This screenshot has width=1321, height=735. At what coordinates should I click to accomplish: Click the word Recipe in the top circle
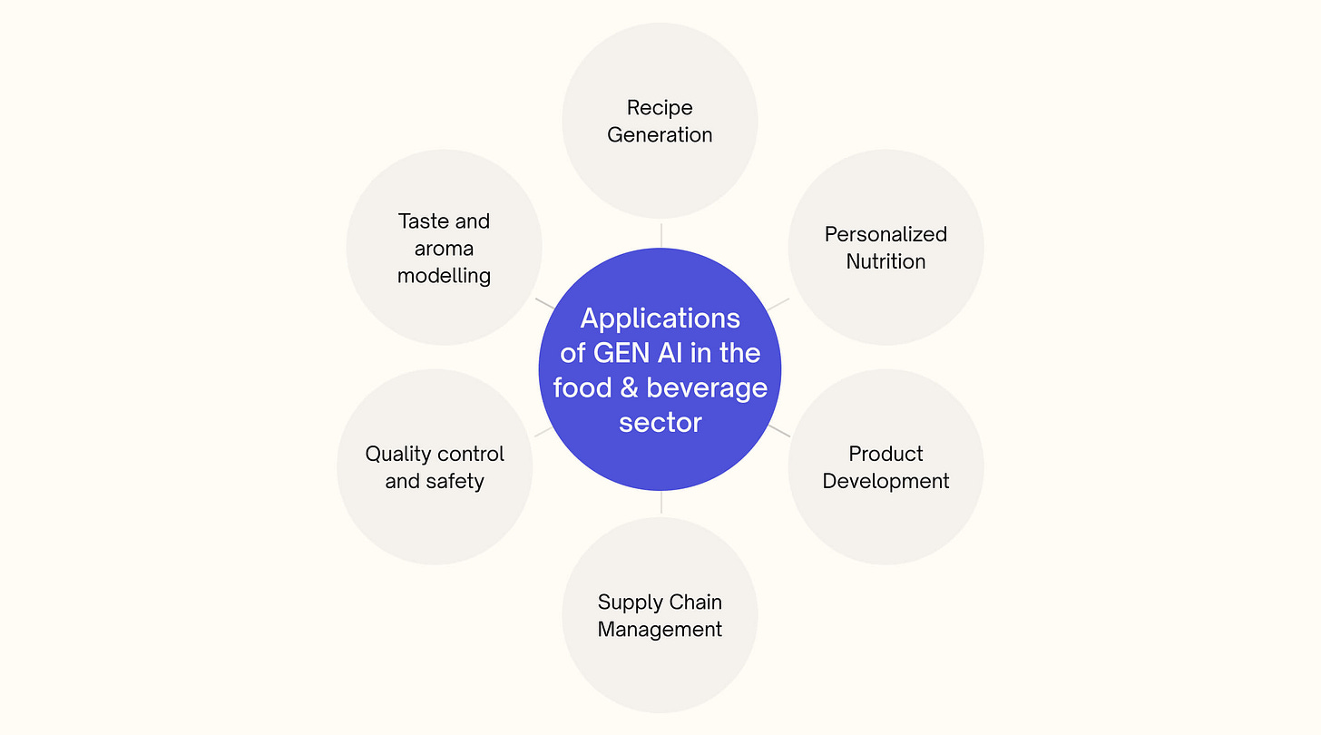click(x=660, y=108)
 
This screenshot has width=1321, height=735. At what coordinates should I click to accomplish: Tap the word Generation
click(x=660, y=135)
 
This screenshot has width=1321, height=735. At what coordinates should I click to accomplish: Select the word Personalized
click(x=886, y=234)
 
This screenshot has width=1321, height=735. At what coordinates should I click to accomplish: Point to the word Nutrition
click(x=886, y=261)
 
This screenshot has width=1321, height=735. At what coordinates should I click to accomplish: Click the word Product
click(x=886, y=454)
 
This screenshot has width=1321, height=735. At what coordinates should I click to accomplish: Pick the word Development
click(x=886, y=481)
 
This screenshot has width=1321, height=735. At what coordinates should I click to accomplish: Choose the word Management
click(x=660, y=629)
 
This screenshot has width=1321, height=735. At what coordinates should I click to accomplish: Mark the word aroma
click(x=444, y=249)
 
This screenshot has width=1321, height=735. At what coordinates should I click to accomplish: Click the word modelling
click(x=444, y=276)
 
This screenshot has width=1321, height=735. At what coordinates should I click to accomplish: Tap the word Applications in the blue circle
click(x=660, y=318)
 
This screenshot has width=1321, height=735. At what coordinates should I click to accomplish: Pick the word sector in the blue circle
click(x=660, y=423)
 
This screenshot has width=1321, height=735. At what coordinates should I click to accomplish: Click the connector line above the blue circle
click(x=660, y=234)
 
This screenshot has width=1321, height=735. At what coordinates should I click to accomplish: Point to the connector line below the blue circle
click(x=660, y=502)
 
